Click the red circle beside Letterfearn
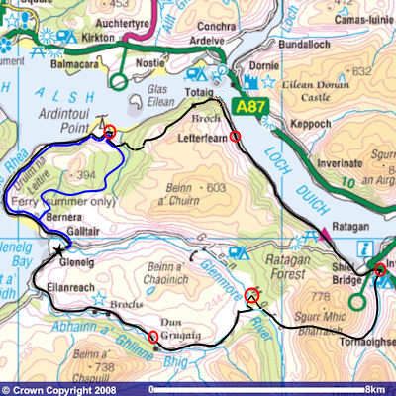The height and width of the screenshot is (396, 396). [235, 137]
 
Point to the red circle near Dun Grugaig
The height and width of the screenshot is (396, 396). [152, 338]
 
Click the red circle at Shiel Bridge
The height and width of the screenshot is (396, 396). [378, 270]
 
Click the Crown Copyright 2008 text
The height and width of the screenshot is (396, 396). [62, 389]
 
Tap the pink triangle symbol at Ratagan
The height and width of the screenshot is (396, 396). [322, 233]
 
